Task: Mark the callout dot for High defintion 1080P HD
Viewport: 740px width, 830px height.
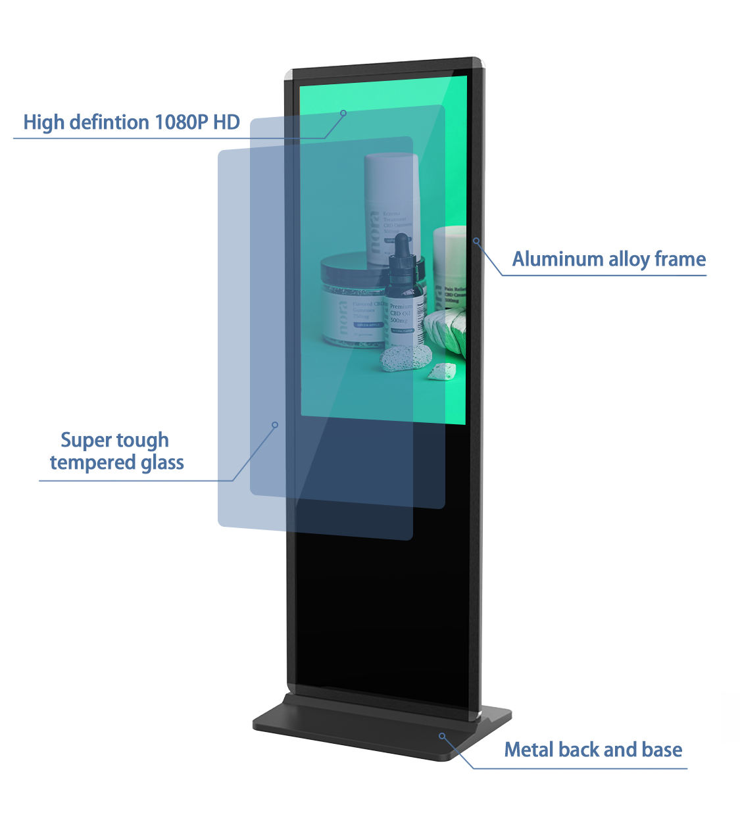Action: point(343,113)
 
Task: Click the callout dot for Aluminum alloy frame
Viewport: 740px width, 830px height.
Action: point(476,241)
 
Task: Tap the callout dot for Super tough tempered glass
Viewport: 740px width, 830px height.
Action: point(275,425)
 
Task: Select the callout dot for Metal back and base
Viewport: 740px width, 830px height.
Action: point(442,735)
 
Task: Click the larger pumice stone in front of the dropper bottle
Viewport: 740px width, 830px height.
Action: point(407,358)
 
